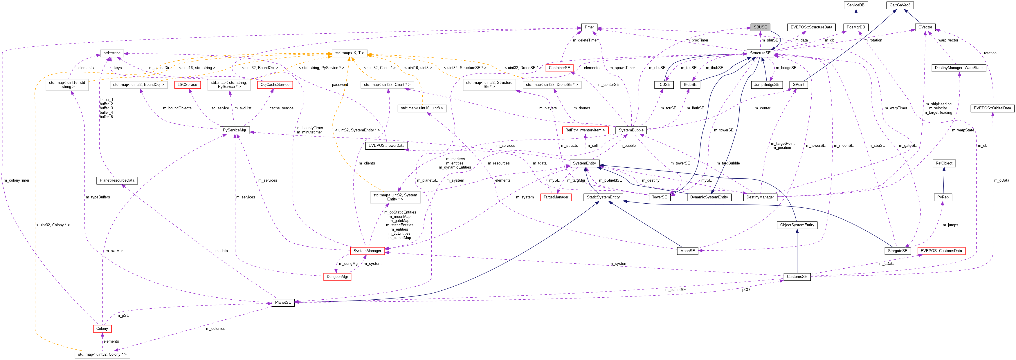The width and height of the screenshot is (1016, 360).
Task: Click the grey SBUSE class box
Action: tap(760, 27)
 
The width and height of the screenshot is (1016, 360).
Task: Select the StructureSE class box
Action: tap(760, 53)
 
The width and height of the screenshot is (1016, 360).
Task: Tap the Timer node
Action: tap(589, 27)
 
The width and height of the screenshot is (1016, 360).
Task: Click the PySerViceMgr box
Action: tap(234, 130)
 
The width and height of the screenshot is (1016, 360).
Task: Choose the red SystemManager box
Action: tap(367, 251)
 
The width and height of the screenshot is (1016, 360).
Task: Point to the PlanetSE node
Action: tap(283, 303)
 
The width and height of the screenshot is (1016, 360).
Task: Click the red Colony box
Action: tap(102, 328)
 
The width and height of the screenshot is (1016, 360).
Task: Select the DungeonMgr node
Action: tap(337, 276)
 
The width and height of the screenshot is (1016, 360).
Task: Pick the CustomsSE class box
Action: tap(797, 276)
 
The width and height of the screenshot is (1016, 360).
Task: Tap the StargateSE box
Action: tap(897, 251)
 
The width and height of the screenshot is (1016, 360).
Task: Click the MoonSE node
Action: tap(687, 251)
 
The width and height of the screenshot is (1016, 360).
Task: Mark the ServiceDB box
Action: tap(855, 5)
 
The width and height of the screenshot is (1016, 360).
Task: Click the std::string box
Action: tap(112, 53)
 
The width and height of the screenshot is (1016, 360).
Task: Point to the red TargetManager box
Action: tap(556, 197)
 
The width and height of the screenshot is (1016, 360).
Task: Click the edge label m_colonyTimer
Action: tap(17, 180)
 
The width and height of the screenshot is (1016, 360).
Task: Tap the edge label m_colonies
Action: tap(215, 328)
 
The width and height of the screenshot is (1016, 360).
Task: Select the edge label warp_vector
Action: tap(948, 40)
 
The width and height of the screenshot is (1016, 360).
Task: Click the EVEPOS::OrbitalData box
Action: tap(992, 108)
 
